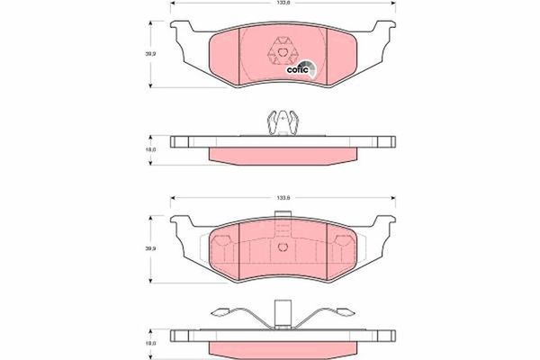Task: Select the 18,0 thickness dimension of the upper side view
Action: pos(151,148)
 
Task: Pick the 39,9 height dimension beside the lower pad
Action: pos(151,247)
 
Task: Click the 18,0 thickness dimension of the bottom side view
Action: pos(151,342)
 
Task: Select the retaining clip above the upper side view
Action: pos(283,121)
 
